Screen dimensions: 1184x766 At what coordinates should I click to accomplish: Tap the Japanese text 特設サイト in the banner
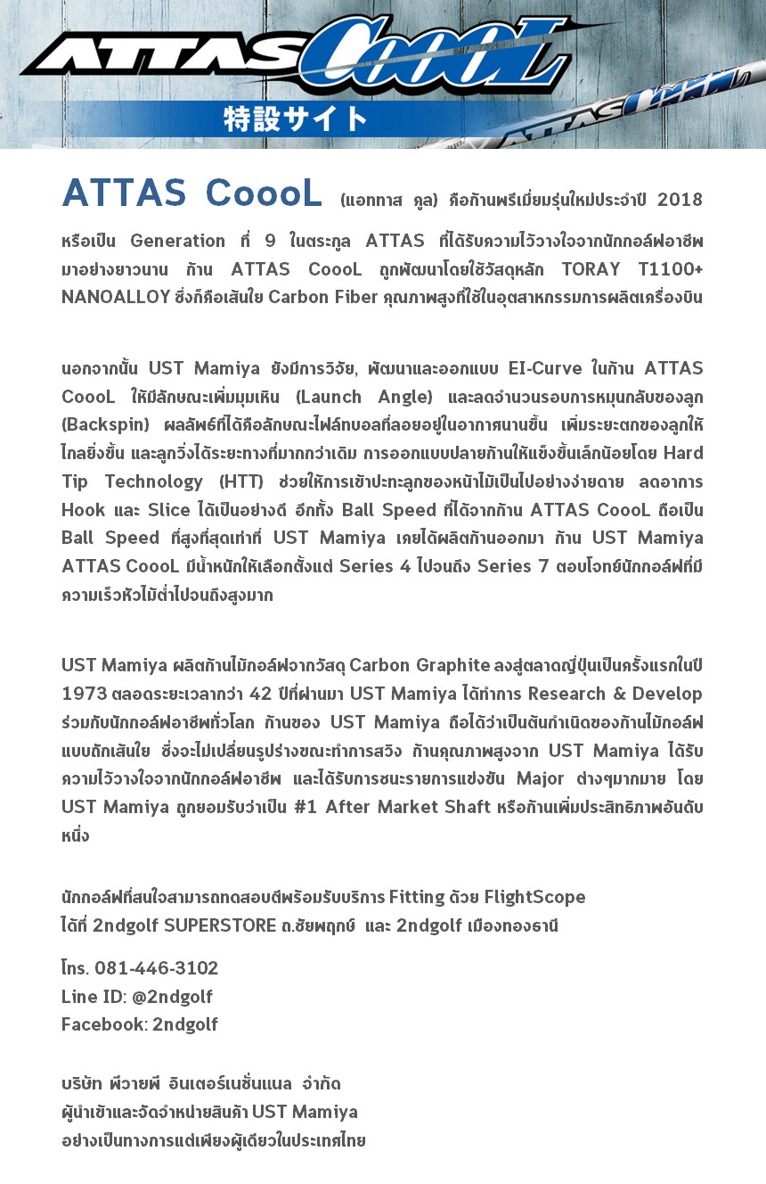pyautogui.click(x=295, y=119)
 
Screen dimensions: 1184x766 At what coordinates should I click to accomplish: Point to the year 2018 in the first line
pyautogui.click(x=680, y=200)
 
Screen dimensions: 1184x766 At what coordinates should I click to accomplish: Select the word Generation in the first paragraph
pyautogui.click(x=177, y=241)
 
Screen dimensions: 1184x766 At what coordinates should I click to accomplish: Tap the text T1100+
pyautogui.click(x=671, y=269)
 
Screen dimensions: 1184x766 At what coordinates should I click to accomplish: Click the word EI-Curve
pyautogui.click(x=544, y=368)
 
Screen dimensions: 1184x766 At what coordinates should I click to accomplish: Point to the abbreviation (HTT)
pyautogui.click(x=239, y=482)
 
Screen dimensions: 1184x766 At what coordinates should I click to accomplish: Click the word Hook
pyautogui.click(x=84, y=511)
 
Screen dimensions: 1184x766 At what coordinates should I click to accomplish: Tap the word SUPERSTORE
pyautogui.click(x=221, y=925)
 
